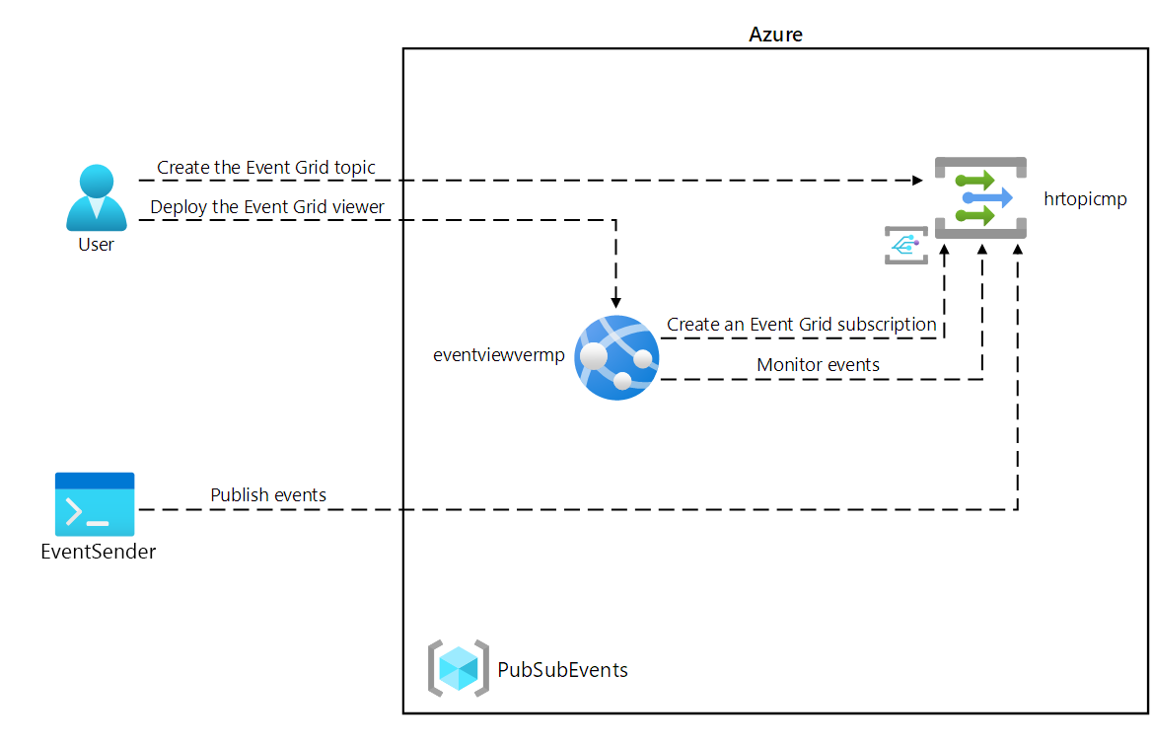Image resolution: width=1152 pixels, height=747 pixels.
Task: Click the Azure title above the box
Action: tap(775, 35)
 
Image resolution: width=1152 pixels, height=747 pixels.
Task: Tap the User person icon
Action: tap(96, 197)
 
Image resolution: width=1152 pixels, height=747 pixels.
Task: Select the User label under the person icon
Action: tap(96, 245)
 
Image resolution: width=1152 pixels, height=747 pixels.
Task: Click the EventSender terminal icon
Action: tap(95, 504)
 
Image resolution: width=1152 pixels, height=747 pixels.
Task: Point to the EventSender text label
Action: tap(98, 552)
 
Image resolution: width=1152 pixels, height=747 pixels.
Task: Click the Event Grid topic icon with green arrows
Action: tap(980, 197)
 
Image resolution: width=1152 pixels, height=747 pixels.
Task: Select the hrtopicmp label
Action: tap(1085, 199)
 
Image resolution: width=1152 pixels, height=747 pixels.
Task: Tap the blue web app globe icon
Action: tap(616, 357)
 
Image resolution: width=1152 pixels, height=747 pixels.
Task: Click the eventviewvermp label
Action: tap(499, 355)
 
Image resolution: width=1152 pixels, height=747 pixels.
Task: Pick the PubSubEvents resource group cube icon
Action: tap(459, 669)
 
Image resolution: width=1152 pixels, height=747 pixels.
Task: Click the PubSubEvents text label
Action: tap(562, 670)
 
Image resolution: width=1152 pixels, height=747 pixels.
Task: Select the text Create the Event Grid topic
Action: tap(265, 168)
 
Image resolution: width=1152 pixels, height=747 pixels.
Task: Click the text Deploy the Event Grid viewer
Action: tap(267, 207)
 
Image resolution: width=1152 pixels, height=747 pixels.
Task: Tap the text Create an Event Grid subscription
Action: tap(801, 324)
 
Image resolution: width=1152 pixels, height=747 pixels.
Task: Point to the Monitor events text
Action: tap(818, 365)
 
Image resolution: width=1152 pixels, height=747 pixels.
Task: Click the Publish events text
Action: tap(268, 494)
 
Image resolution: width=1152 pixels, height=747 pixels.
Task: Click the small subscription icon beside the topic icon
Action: tap(905, 245)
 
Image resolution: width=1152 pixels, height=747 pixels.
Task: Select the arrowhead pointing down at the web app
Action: tap(615, 301)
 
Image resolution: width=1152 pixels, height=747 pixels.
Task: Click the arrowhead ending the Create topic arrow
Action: tap(917, 181)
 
